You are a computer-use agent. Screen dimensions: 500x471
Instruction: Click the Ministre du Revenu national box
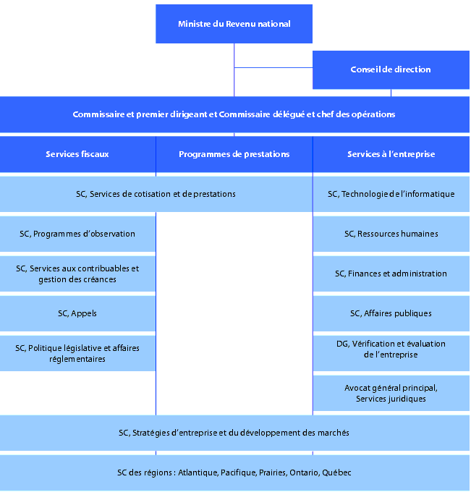[234, 24]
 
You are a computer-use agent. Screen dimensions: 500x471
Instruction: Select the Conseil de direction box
[391, 69]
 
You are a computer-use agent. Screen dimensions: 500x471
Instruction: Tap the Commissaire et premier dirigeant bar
[234, 114]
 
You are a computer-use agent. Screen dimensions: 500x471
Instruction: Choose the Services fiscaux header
[77, 154]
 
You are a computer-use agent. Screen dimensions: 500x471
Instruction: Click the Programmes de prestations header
[234, 154]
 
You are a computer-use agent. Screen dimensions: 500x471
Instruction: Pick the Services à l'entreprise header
[391, 154]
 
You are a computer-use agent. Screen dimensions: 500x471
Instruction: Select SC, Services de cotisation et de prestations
[156, 194]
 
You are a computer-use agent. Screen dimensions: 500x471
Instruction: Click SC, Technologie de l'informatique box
[391, 194]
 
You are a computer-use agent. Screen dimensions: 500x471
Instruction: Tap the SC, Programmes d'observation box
[77, 234]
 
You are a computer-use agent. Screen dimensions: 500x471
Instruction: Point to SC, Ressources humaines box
[391, 234]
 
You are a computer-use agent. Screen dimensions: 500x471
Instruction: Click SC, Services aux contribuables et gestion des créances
[77, 274]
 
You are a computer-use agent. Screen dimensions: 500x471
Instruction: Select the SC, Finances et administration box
[391, 274]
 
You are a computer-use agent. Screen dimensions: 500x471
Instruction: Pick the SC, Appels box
[77, 313]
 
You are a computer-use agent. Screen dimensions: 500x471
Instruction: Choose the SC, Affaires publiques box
[391, 313]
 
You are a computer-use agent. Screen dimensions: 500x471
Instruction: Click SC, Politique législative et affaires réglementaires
[77, 353]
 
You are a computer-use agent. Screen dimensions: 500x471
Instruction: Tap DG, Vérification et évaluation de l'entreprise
[391, 349]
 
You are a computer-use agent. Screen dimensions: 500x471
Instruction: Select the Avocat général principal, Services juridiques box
[391, 393]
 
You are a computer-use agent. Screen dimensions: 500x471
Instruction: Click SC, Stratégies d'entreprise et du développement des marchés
[234, 433]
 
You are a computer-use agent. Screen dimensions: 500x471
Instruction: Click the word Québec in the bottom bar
[336, 473]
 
